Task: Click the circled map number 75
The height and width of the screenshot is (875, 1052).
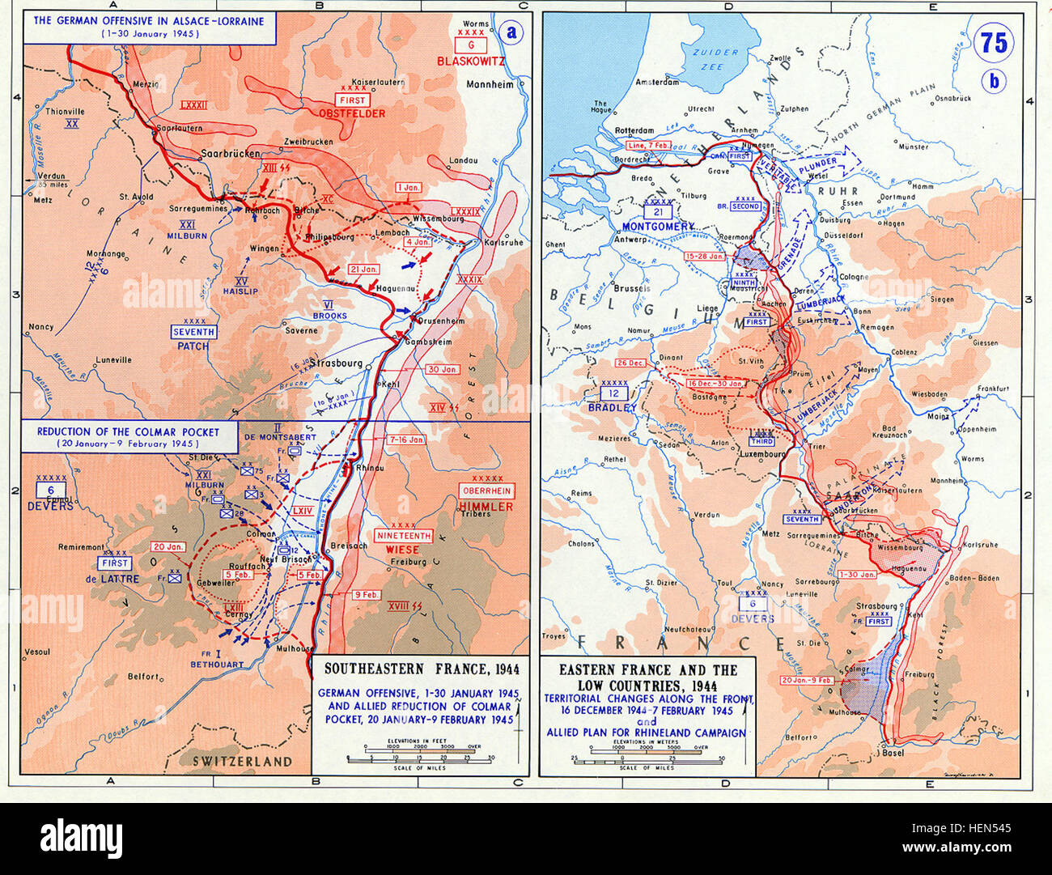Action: [x=994, y=42]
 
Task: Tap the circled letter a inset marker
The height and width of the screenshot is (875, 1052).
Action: [x=510, y=32]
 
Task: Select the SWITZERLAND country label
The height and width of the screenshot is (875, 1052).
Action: [x=242, y=761]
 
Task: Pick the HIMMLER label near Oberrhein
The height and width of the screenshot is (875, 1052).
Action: [x=486, y=506]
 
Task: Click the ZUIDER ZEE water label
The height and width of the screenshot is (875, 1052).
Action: [x=719, y=59]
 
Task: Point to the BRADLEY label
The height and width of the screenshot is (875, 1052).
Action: [x=612, y=407]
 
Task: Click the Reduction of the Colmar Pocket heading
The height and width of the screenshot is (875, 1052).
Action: [x=127, y=437]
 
